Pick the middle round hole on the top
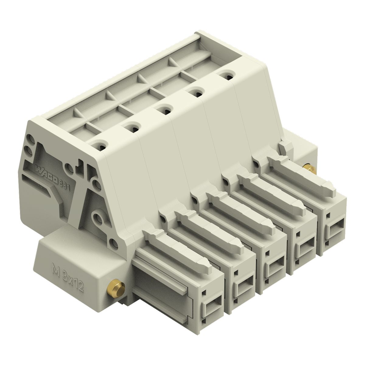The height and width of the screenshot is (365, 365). (164, 110)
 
